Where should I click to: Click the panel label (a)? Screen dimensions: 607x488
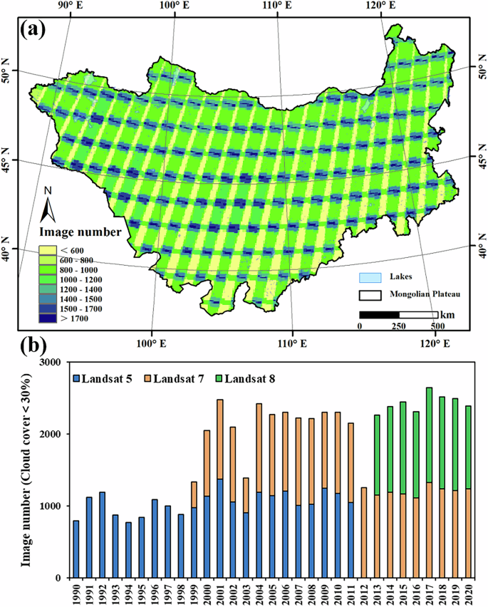(34, 29)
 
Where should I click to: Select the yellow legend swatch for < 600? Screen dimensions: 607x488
(48, 250)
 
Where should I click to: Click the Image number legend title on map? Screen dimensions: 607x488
(79, 232)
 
